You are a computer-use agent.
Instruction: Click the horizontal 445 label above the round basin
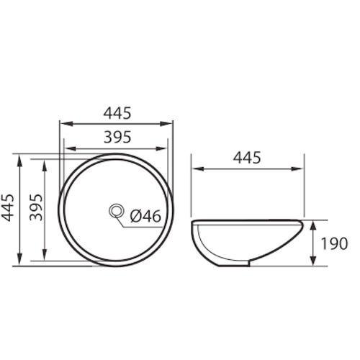coord(116,112)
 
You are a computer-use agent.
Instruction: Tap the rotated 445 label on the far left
coord(9,210)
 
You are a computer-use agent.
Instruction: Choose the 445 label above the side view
coord(247,158)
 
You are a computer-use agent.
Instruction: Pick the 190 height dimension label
coord(335,243)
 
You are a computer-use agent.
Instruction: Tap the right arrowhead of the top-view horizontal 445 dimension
coord(169,123)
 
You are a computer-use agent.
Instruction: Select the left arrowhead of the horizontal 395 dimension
coord(68,149)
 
